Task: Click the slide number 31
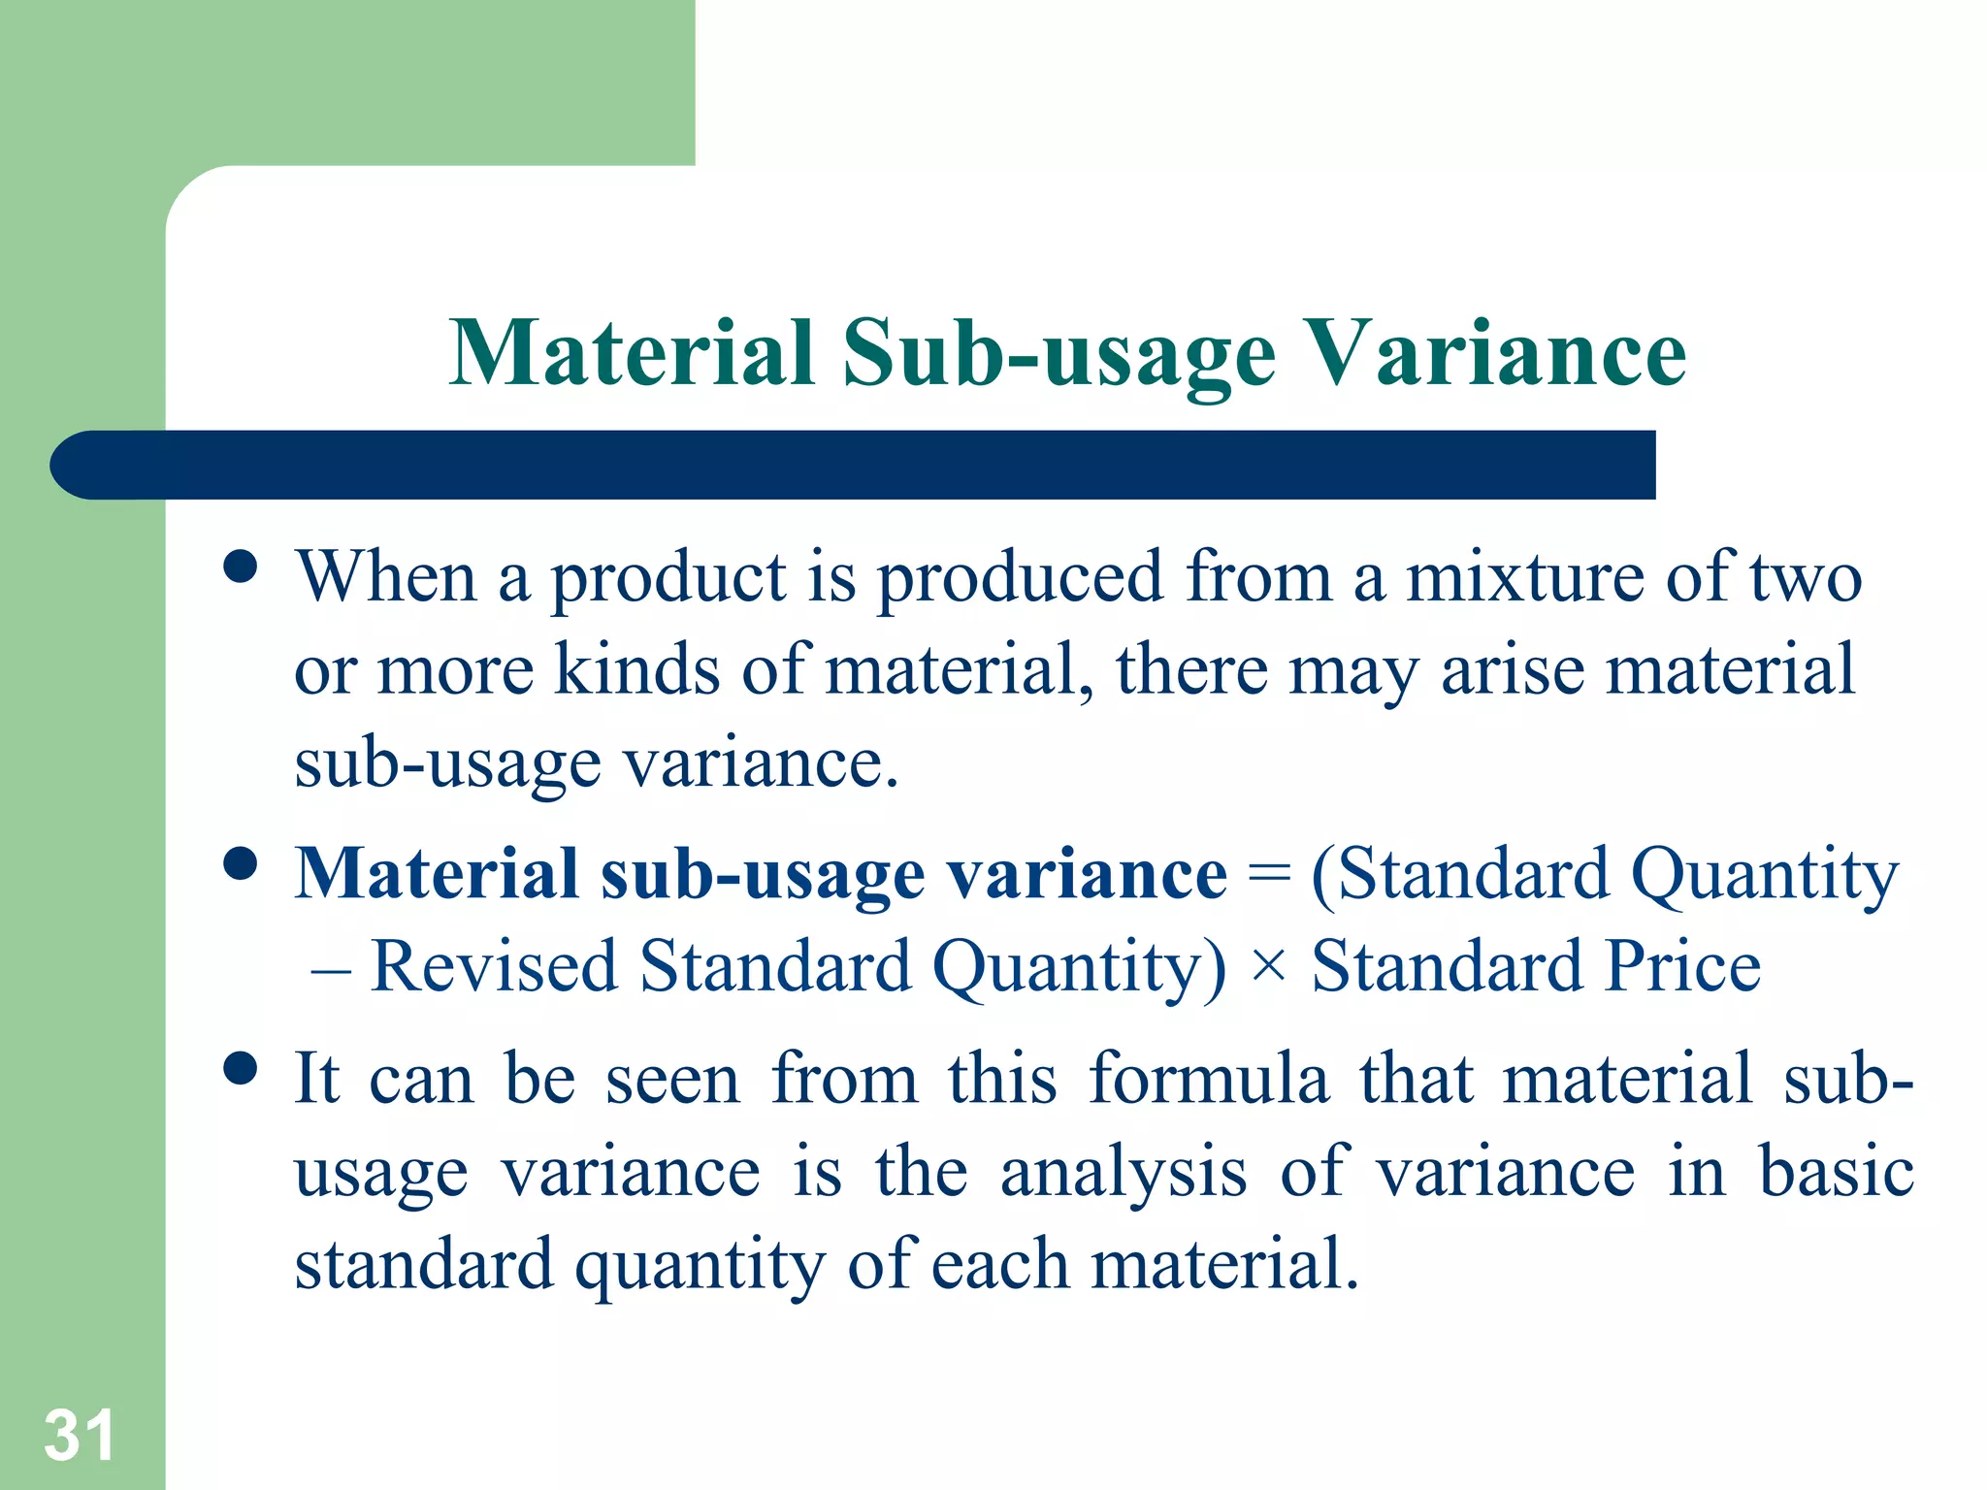(79, 1436)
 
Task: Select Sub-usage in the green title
(1059, 355)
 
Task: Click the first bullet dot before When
(240, 567)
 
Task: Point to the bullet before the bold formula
(240, 862)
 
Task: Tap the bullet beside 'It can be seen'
(240, 1068)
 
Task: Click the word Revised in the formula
(494, 967)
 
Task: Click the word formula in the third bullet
(1208, 1078)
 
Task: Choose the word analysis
(1123, 1172)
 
